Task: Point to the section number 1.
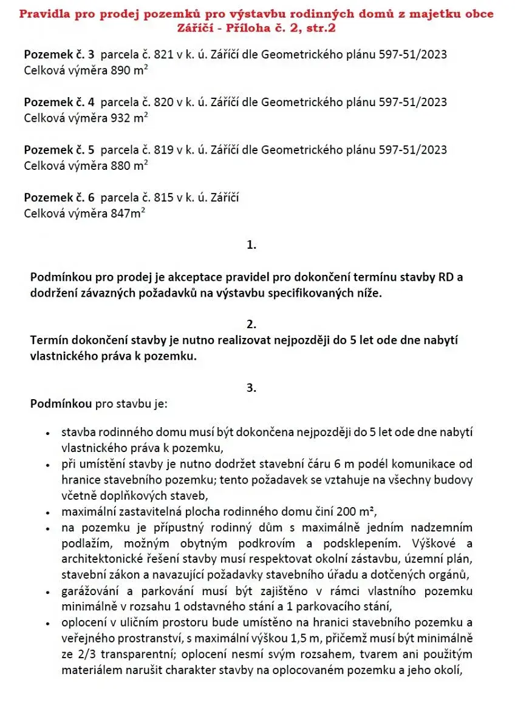point(252,245)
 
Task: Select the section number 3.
point(252,388)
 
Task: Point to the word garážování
point(93,590)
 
